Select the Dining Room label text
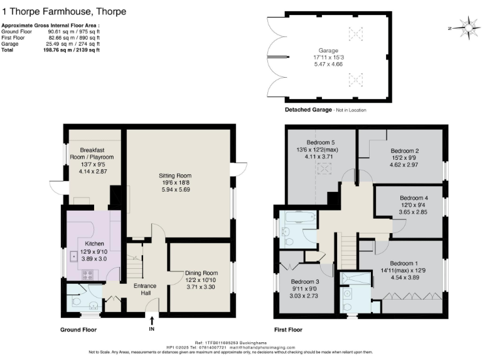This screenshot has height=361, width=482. [x=201, y=273]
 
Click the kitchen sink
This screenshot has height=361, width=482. [x=74, y=256]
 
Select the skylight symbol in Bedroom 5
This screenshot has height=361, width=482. [x=325, y=168]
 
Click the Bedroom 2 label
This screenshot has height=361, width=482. [x=404, y=150]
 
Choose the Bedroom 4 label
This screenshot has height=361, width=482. [x=413, y=198]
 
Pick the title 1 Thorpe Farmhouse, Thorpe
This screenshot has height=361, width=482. [x=63, y=12]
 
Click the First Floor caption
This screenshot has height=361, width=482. [x=288, y=329]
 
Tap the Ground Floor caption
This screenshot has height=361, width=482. [x=78, y=329]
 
